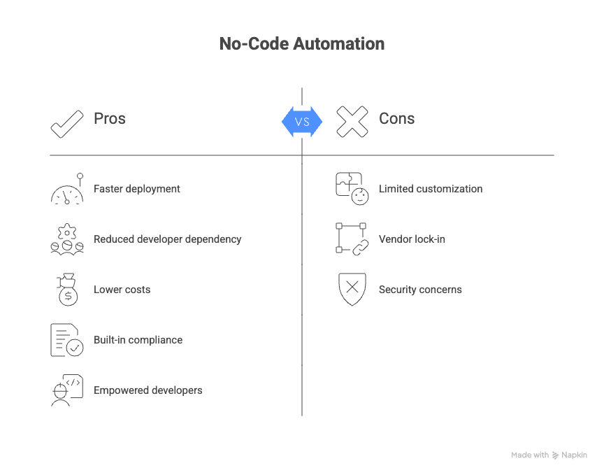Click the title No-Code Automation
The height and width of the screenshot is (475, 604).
point(301,44)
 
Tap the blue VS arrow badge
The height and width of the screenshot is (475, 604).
point(302,122)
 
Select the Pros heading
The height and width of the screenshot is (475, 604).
point(110,118)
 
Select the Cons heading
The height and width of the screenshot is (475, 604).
point(396,118)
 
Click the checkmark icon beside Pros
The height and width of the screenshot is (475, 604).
point(67,123)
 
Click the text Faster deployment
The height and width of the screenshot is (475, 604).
point(137,189)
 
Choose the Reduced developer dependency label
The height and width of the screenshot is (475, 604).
point(168,239)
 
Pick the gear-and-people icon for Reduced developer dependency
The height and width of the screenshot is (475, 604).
point(67,239)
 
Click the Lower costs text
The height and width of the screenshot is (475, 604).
point(122,290)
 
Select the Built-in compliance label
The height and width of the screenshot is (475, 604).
point(138,340)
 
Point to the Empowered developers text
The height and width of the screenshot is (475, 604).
point(148,390)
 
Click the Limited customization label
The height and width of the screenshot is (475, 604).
point(431,189)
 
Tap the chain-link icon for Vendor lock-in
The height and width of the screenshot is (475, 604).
point(352,239)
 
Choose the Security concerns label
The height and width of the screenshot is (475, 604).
point(420,290)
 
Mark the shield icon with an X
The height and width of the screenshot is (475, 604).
point(352,290)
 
